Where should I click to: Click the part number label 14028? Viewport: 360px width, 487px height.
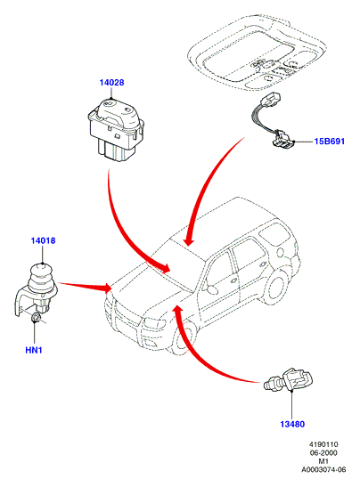click(111, 83)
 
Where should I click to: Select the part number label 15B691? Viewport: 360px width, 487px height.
click(329, 142)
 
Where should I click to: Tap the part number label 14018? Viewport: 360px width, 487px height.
click(43, 240)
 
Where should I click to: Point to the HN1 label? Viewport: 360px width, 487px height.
click(34, 350)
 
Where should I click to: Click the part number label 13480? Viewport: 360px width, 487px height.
click(292, 424)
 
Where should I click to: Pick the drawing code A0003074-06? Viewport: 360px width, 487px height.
click(323, 469)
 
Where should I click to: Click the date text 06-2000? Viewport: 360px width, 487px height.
click(323, 453)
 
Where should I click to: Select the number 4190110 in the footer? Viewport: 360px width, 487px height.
click(323, 444)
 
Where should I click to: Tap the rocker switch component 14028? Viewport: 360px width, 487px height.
click(116, 130)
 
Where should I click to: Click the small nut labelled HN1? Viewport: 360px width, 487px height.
click(36, 318)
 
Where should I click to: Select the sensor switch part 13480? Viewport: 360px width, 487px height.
click(288, 380)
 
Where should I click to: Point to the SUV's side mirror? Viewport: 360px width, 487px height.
click(211, 289)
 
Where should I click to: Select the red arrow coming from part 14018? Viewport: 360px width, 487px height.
click(86, 287)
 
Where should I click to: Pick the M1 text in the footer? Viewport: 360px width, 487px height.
click(323, 461)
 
